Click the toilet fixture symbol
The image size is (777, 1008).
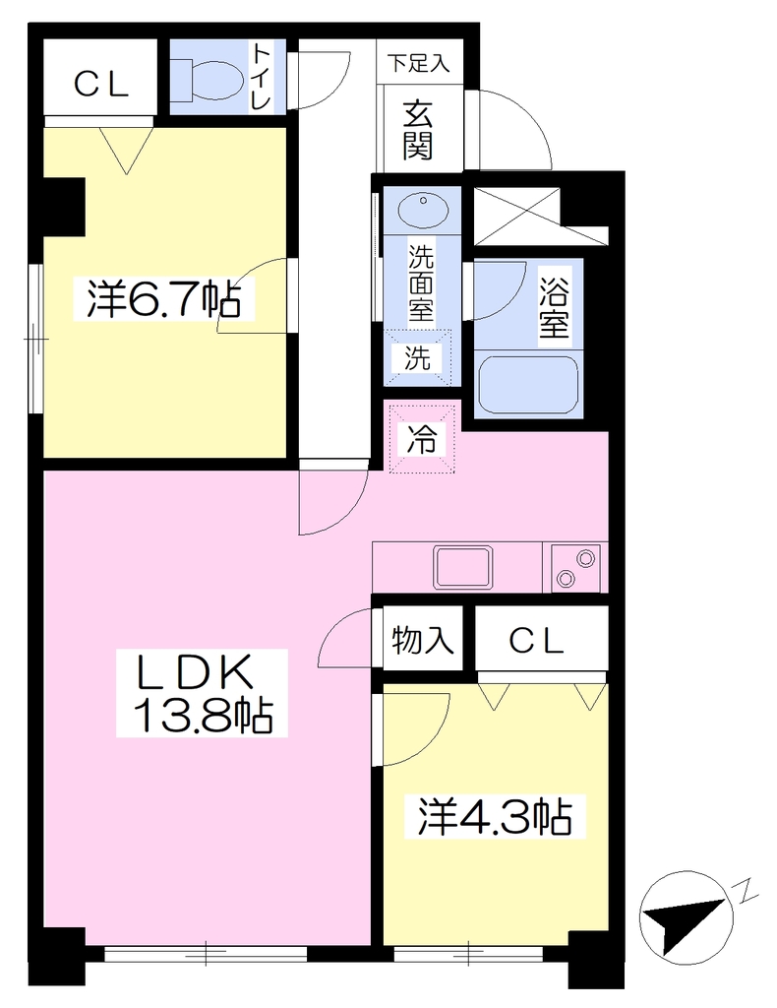[207, 80]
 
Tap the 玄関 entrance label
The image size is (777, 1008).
[417, 131]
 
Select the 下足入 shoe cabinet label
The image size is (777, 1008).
[418, 64]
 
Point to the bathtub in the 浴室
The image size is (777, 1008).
[527, 385]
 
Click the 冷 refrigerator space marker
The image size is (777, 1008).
[421, 440]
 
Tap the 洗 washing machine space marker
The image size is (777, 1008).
[418, 357]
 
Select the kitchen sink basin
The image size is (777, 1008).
[463, 567]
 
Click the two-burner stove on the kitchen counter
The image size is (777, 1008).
[575, 568]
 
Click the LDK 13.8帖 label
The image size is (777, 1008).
[202, 692]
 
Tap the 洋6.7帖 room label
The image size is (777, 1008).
[163, 299]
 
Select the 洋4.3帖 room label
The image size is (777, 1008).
[495, 816]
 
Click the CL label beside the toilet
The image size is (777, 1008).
[101, 84]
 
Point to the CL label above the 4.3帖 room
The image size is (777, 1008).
[536, 640]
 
